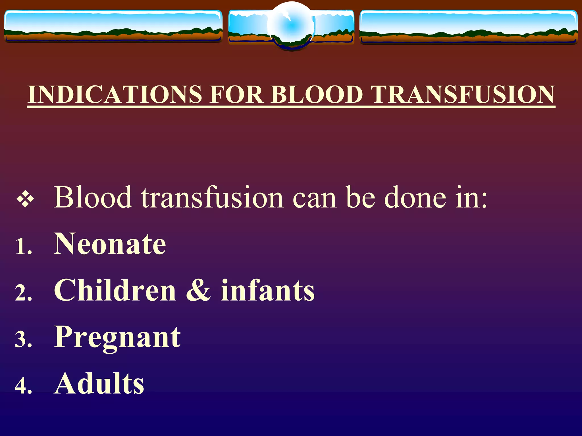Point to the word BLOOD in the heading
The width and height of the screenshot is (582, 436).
pyautogui.click(x=317, y=94)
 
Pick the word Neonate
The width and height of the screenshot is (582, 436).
pyautogui.click(x=110, y=244)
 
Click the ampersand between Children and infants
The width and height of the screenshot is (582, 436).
pyautogui.click(x=198, y=291)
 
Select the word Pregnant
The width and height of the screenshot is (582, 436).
pyautogui.click(x=117, y=338)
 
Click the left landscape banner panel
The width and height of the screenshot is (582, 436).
pyautogui.click(x=113, y=26)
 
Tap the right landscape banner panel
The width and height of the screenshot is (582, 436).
pyautogui.click(x=468, y=27)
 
